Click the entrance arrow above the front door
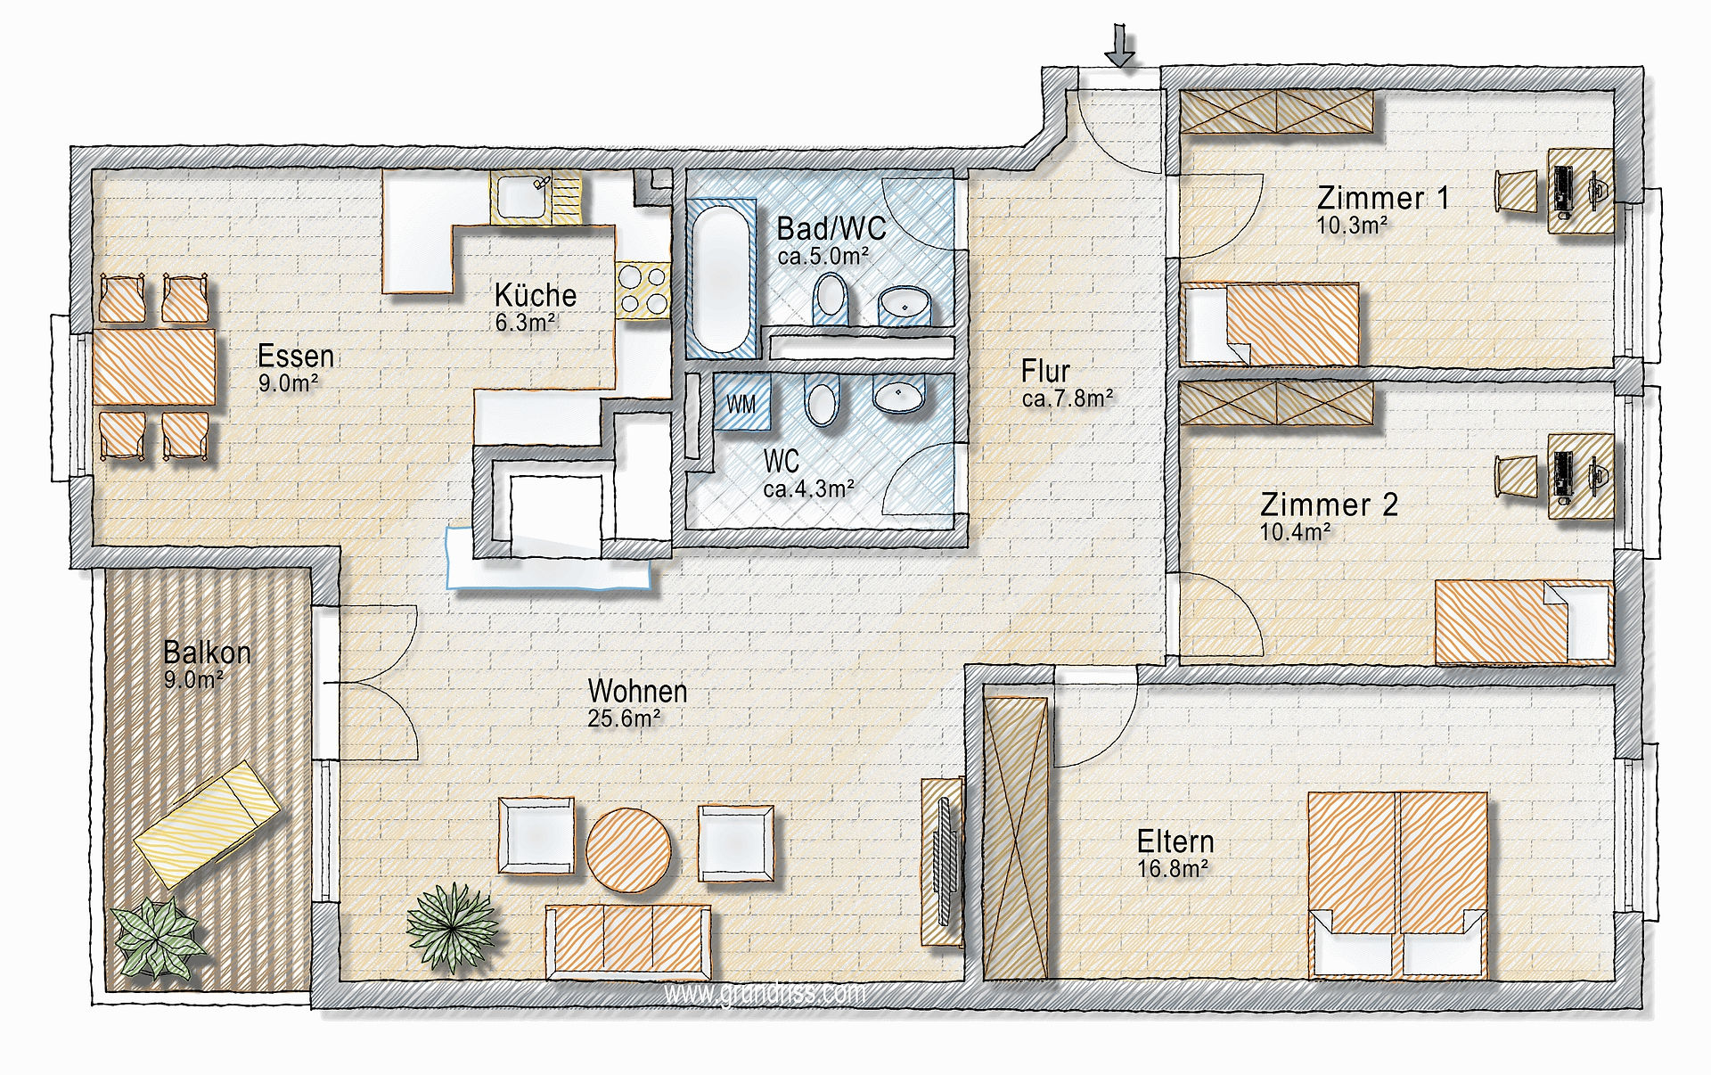1120,45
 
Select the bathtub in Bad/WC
722,281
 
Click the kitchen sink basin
523,196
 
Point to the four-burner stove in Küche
643,291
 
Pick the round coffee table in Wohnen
628,849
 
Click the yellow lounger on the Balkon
207,823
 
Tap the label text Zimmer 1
1383,197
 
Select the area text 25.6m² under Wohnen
624,718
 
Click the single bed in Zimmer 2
1524,622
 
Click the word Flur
1045,370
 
